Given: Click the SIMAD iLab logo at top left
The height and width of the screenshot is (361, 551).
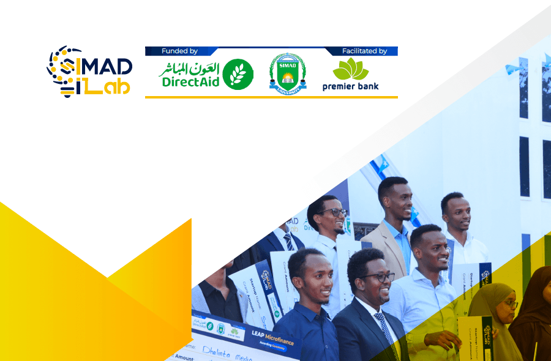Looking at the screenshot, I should point(89,70).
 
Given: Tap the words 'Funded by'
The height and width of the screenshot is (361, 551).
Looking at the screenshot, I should point(179,51).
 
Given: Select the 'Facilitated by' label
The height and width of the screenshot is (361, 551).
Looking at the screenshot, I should point(365,51).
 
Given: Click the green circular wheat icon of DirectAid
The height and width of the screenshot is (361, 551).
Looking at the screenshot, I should point(238,75).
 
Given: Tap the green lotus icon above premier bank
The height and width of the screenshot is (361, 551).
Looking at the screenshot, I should point(351,69).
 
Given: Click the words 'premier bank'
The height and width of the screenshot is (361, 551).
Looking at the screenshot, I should point(351,87).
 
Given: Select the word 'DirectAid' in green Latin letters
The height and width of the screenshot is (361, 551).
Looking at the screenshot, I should point(190,82).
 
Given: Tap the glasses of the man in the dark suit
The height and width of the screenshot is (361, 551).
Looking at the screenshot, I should point(377,277).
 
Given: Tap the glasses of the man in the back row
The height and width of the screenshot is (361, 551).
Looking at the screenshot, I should point(334,213).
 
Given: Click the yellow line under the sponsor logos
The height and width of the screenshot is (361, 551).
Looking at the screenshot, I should point(271,97).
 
